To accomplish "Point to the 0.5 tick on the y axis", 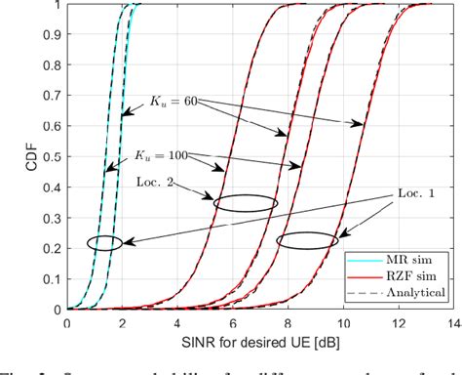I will point(50,156).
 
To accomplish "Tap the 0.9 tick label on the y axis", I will point(50,34).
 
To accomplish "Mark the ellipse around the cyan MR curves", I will point(104,243).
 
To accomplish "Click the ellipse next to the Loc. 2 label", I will point(246,203).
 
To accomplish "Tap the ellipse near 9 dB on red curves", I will point(307,239).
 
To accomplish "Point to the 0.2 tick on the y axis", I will point(50,248).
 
